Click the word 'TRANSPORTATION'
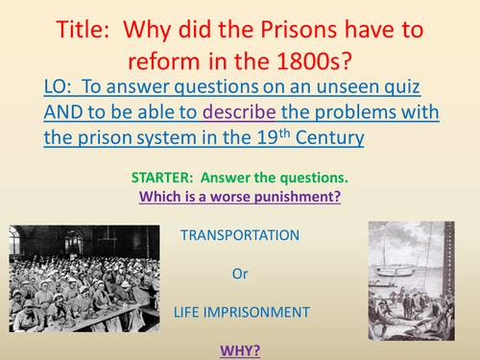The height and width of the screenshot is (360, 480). pyautogui.click(x=239, y=234)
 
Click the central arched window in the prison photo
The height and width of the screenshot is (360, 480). pyautogui.click(x=77, y=235)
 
